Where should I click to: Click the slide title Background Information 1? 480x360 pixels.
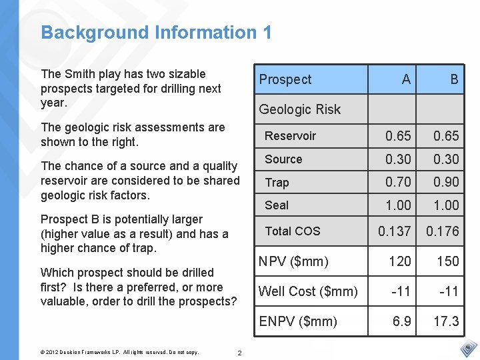coord(156,33)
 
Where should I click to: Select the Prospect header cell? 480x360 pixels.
coord(285,79)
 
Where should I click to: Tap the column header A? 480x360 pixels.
coord(406,79)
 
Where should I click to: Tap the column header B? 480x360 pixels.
coord(454,79)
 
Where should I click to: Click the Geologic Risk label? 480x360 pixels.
coord(299,109)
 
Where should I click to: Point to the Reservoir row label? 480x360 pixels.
coord(290,136)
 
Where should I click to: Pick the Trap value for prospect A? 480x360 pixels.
coord(399,182)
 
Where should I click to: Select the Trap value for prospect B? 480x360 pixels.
coord(446,182)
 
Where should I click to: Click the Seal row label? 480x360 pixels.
coord(277,205)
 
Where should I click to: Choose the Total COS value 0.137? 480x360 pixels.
coord(395,231)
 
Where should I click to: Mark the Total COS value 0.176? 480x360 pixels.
coord(443,231)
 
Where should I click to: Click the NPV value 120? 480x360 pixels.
coord(400,261)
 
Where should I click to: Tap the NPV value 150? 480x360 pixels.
coord(448,261)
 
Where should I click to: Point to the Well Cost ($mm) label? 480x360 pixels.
coord(308,291)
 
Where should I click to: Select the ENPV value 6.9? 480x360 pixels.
coord(402,321)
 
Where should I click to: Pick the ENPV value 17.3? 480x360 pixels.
coord(446,321)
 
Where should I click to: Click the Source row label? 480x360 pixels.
coord(283,159)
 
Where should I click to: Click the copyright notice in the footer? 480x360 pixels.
coord(121,353)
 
